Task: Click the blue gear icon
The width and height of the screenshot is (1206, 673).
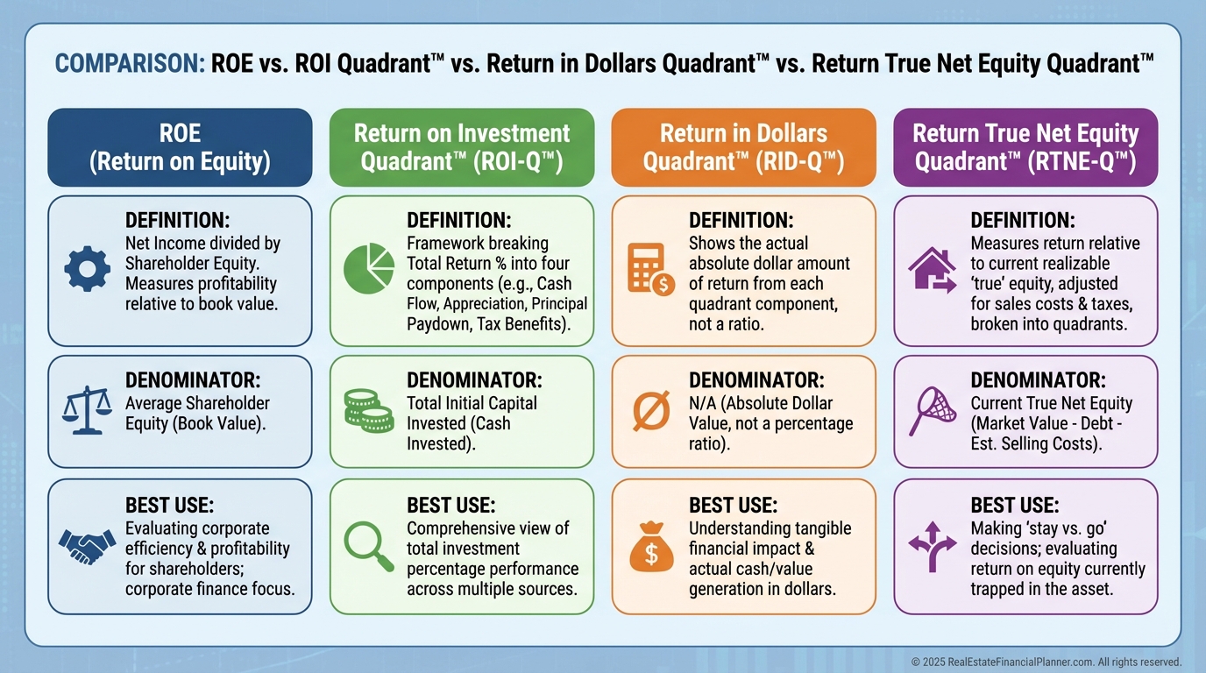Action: click(88, 269)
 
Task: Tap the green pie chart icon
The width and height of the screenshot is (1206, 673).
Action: click(369, 268)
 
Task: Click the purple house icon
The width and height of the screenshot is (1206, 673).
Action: click(933, 270)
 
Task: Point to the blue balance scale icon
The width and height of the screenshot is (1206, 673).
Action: click(87, 410)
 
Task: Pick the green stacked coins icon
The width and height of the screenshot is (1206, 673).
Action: click(369, 411)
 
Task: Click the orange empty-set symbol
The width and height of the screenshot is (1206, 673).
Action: click(651, 410)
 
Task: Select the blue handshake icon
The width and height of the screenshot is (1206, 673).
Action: click(88, 546)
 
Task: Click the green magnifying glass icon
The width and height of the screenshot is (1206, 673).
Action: click(369, 546)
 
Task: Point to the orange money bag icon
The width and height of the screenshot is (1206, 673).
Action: click(651, 547)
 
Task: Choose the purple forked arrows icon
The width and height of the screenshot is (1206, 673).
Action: click(933, 546)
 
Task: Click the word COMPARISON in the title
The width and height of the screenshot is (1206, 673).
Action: click(130, 63)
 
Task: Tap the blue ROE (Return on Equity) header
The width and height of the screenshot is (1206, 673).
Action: click(180, 147)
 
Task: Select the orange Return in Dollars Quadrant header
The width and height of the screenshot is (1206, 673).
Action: click(743, 147)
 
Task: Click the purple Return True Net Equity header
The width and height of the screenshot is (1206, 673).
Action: click(1025, 147)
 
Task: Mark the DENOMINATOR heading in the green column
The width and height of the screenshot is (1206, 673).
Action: click(474, 380)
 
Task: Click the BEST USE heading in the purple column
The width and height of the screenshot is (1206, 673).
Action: click(1015, 505)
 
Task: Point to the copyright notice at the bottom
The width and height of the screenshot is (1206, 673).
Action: click(1046, 662)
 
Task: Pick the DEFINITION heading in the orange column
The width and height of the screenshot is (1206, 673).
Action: click(741, 220)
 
